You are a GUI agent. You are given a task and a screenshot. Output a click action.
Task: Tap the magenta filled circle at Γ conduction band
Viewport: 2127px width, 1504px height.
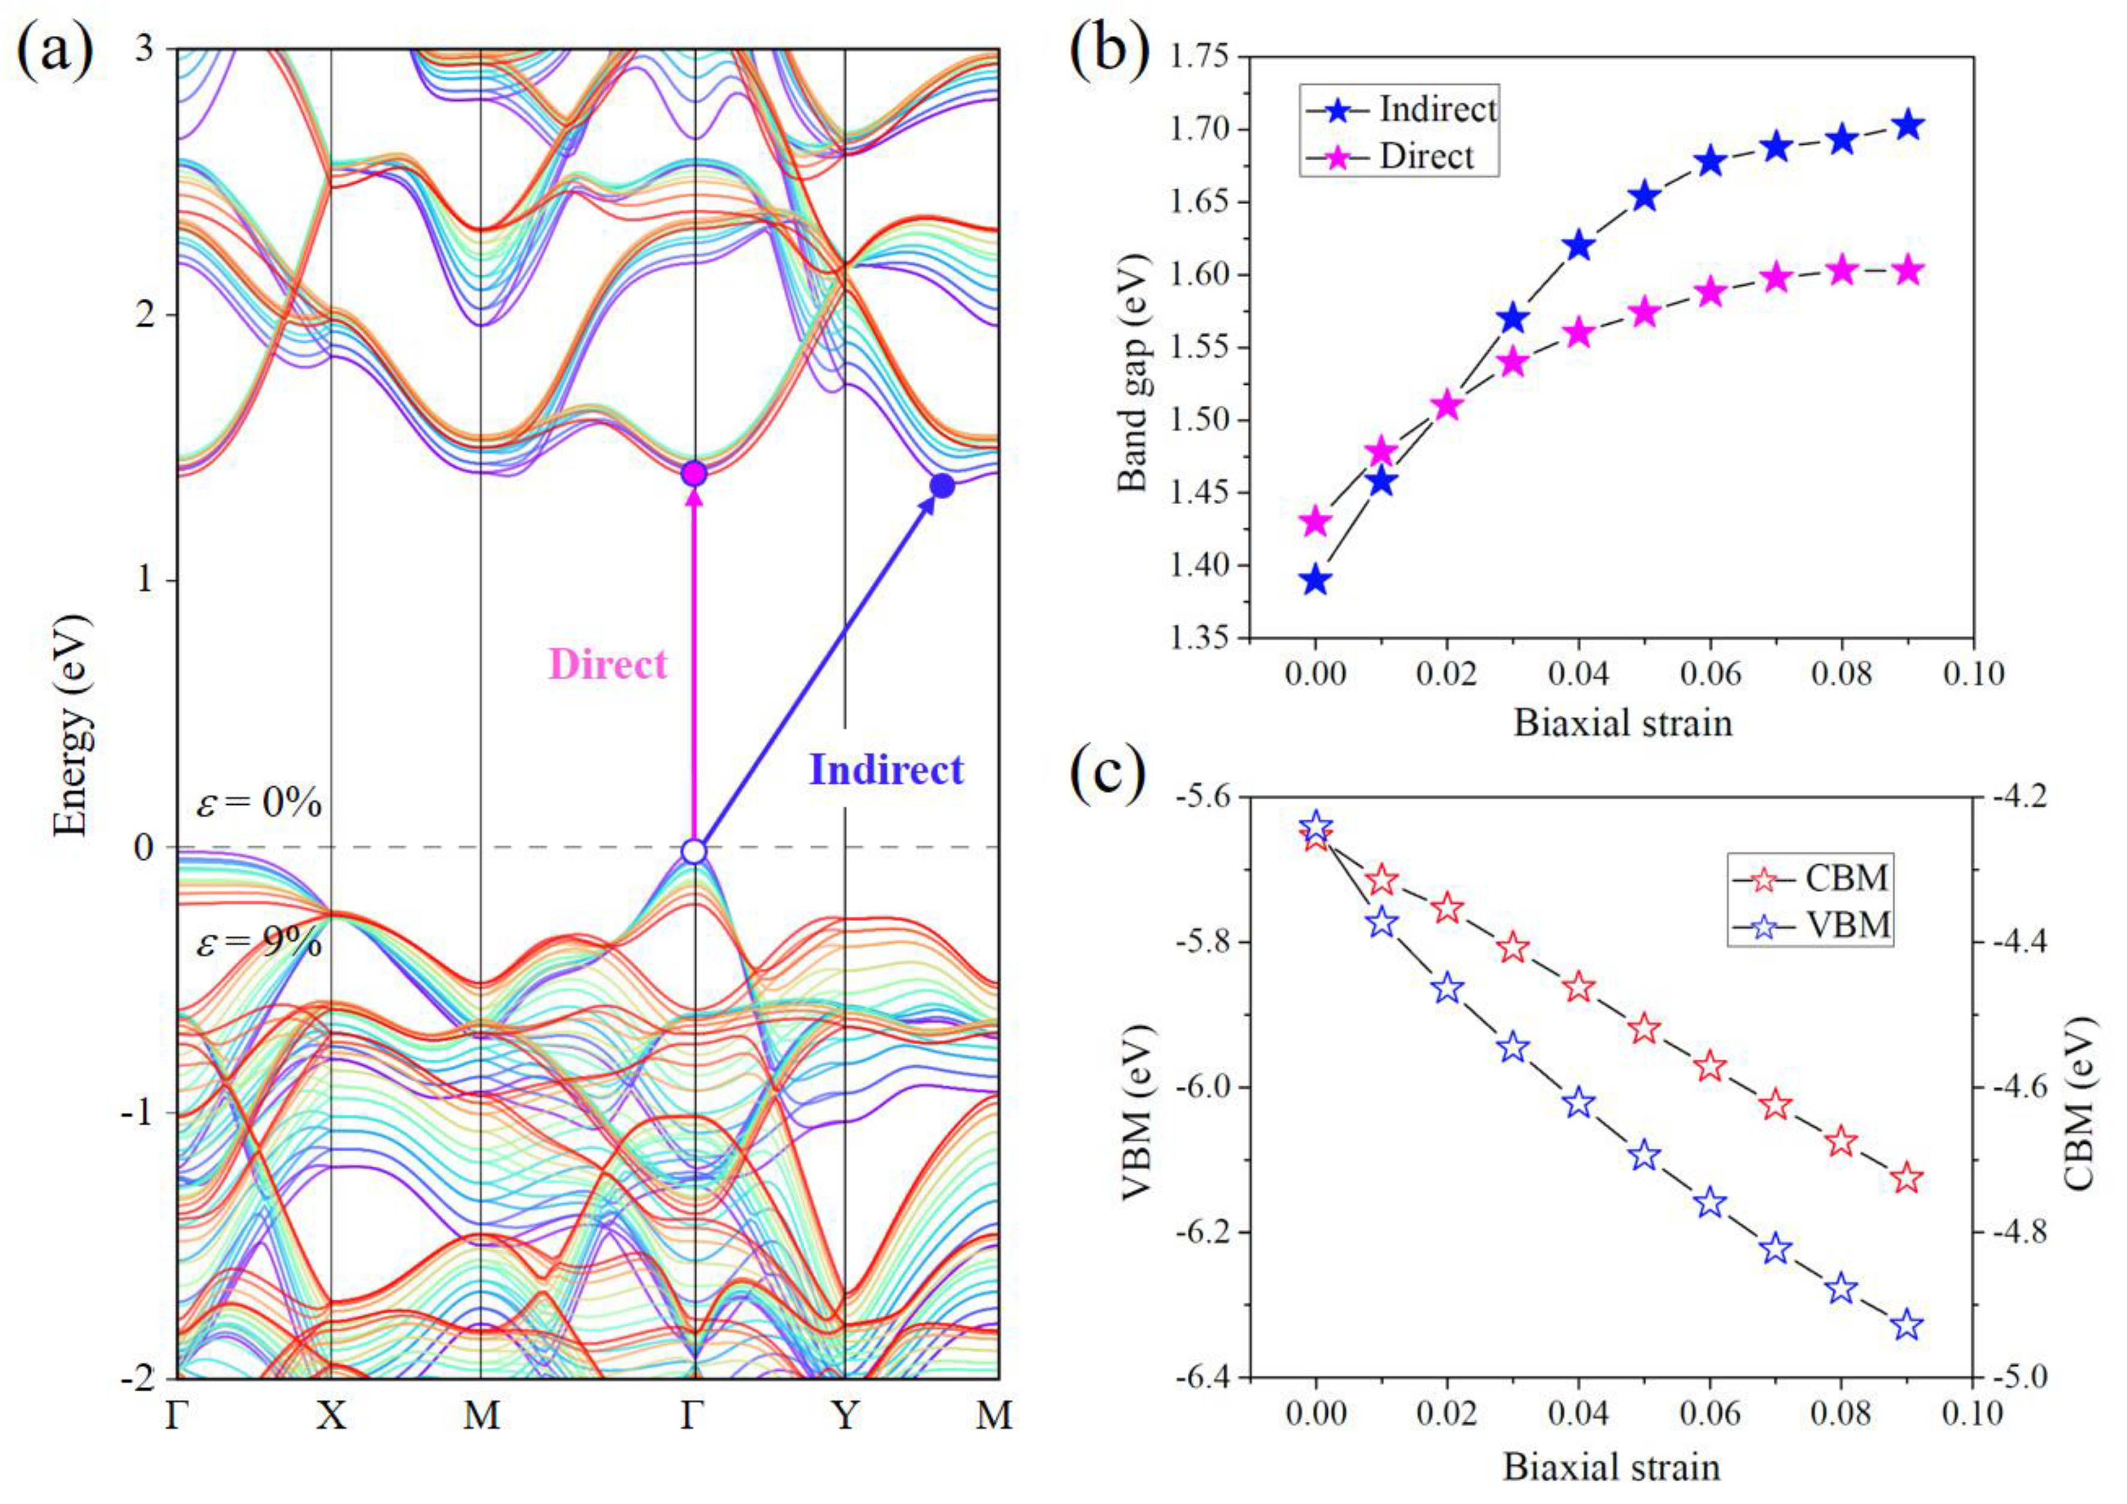[694, 474]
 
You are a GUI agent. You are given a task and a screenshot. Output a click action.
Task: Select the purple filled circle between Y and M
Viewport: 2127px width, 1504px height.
[942, 486]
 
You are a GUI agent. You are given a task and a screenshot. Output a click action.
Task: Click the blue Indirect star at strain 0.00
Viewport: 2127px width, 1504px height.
[1316, 582]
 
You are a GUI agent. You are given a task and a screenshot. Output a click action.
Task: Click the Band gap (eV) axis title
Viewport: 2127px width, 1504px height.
[1132, 373]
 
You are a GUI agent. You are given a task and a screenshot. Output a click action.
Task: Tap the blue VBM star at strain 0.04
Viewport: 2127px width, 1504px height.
[1579, 1104]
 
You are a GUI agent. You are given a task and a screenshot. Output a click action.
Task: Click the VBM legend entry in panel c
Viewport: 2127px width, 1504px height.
[1845, 924]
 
